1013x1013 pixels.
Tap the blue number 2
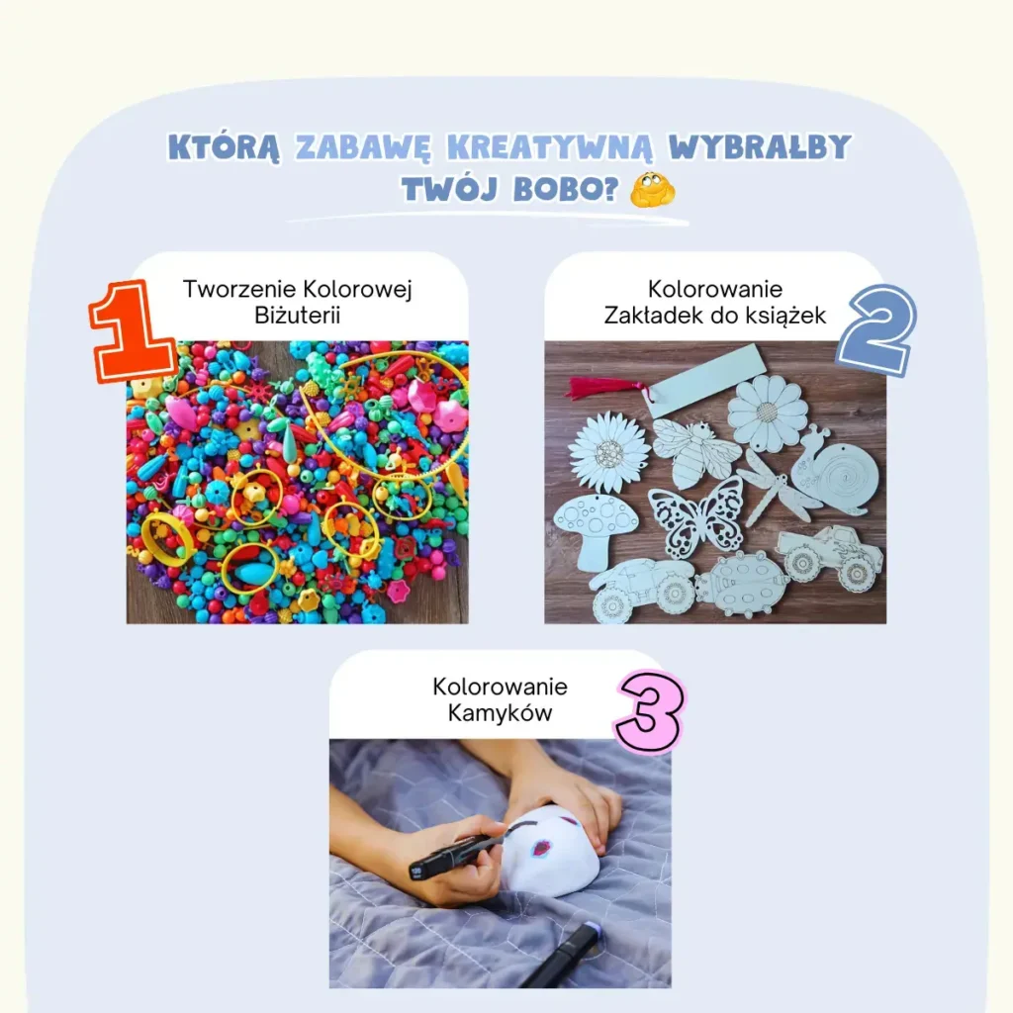(x=876, y=330)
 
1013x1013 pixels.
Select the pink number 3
(x=650, y=711)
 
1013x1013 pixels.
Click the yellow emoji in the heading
(x=653, y=189)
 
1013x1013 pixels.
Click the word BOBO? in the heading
(x=566, y=189)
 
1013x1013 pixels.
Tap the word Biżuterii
(x=297, y=316)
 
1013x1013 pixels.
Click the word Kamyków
(x=500, y=713)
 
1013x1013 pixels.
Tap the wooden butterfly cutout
(x=696, y=516)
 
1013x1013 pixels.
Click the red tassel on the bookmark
(x=604, y=388)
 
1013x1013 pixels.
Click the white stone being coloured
(x=551, y=850)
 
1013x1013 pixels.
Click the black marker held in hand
(x=452, y=856)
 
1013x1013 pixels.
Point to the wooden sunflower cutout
(x=609, y=451)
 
